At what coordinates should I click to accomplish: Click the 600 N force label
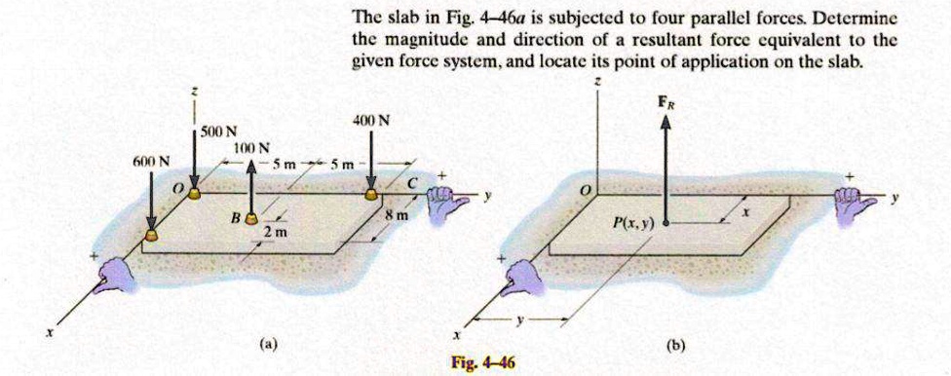151,161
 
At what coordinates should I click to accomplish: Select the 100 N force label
251,147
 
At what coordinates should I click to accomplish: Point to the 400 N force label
372,122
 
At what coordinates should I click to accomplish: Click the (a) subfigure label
267,344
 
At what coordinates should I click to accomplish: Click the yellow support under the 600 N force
151,235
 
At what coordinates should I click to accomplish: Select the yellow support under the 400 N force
372,195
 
